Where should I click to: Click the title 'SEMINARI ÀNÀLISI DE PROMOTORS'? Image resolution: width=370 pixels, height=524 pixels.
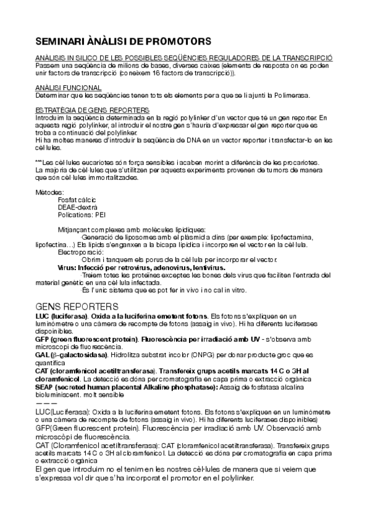coord(123,41)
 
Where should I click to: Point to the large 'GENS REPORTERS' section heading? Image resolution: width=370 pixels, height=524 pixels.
coord(77,306)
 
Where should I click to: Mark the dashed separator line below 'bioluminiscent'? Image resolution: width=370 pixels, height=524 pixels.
coord(46,402)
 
